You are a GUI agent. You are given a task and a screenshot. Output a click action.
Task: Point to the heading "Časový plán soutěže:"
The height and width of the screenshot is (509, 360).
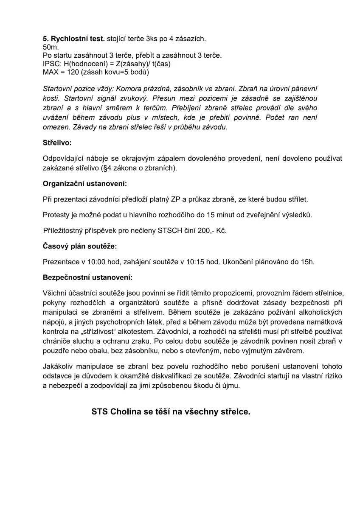[x=79, y=246]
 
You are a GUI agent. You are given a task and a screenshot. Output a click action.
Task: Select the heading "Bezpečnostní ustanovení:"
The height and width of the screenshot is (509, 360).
[x=87, y=277]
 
